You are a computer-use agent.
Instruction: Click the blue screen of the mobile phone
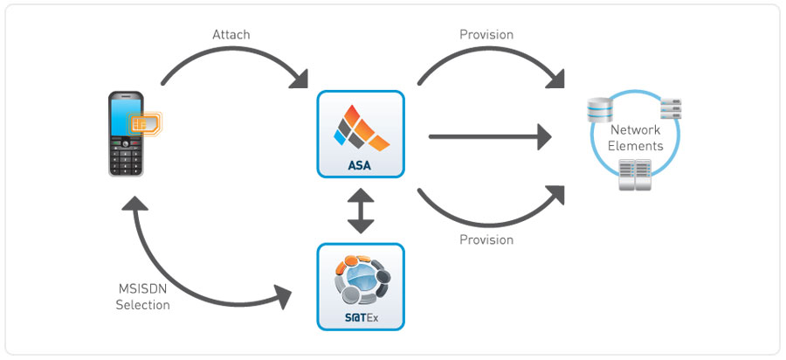[124, 117]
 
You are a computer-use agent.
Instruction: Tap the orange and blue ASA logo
[361, 126]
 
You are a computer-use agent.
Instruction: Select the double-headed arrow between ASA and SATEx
[361, 211]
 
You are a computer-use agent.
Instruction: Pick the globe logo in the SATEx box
[361, 278]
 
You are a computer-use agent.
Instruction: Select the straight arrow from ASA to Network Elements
[489, 136]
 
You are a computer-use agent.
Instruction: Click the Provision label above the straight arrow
[486, 35]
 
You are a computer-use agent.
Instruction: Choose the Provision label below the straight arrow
[486, 239]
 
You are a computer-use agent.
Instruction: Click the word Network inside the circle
[635, 130]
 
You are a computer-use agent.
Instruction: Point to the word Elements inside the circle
[635, 146]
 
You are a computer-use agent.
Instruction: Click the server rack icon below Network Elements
[635, 176]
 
